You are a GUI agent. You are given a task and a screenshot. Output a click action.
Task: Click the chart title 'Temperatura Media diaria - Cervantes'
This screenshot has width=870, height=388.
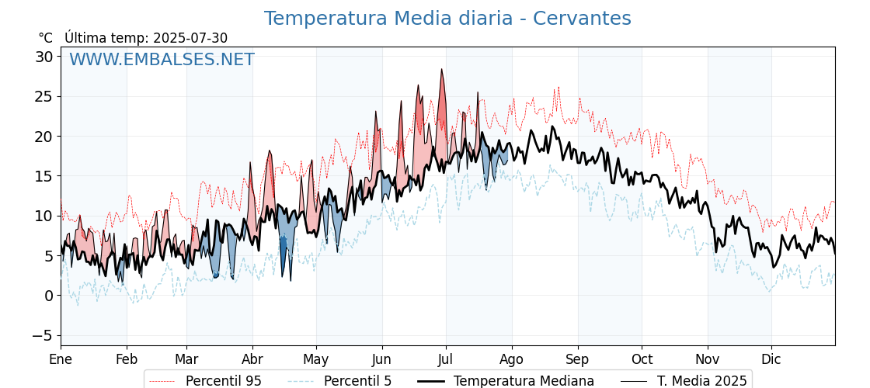pos(447,19)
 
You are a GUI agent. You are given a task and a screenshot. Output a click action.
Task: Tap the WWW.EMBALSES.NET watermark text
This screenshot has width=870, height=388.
pos(162,59)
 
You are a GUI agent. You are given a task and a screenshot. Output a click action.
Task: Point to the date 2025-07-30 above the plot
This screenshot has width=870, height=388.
pos(190,38)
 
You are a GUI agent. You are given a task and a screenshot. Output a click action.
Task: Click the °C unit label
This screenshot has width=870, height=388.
pos(46,38)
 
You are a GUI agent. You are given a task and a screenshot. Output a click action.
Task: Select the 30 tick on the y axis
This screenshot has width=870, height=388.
pos(45,57)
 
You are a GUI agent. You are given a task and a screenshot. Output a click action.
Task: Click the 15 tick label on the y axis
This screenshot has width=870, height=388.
pos(45,176)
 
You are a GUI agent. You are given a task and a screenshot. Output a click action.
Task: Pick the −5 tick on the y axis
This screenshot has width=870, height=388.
pos(41,335)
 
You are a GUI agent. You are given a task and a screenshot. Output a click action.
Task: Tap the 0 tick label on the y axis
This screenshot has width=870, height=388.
pos(49,296)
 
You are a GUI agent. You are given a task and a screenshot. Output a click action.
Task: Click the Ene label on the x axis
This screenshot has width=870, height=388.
pos(61,359)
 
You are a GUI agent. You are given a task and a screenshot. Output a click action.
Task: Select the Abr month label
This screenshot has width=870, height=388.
pos(252,359)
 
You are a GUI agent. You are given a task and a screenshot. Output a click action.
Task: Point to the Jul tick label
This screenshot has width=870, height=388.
pos(446,359)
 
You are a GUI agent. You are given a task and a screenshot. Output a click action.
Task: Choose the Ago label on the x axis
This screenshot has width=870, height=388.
pos(512,359)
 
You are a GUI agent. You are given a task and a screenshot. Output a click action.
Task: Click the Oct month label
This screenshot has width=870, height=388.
pos(642,359)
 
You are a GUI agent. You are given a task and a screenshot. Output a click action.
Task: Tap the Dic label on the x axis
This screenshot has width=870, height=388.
pos(771,359)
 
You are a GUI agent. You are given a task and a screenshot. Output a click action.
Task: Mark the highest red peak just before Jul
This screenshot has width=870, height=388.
pos(442,69)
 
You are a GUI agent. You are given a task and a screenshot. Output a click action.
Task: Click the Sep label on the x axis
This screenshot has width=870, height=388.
pos(578,359)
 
